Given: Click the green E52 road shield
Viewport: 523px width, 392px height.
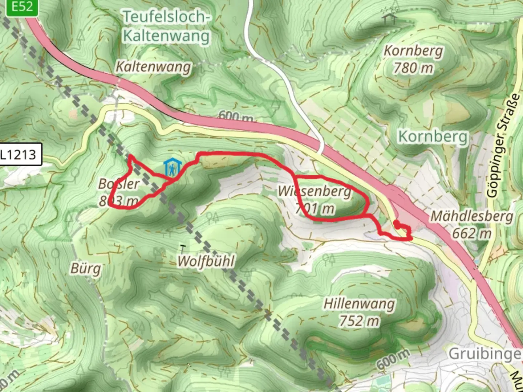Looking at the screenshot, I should (x=22, y=7).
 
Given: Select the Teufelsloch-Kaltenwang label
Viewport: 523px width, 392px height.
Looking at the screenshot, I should (x=166, y=26).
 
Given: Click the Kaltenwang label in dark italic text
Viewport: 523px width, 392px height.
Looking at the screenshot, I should (x=153, y=67).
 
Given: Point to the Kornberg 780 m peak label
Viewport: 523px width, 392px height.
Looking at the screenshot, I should (x=413, y=59).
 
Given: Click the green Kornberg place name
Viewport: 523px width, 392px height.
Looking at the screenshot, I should (x=433, y=137).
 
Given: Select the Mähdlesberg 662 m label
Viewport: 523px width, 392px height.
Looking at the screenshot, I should (x=472, y=224).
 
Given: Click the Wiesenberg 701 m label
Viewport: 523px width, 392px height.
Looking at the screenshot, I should (x=315, y=200).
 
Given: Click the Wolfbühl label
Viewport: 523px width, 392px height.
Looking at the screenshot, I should (x=206, y=261).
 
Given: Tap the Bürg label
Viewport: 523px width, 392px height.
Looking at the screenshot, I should (x=85, y=269).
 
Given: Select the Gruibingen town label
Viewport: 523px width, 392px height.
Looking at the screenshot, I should (x=485, y=353).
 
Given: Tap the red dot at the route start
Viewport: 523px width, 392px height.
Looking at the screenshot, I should (x=397, y=224).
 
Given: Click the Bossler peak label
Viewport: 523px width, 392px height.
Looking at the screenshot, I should (x=119, y=192).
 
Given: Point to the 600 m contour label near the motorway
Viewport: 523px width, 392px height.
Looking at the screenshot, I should (x=236, y=116).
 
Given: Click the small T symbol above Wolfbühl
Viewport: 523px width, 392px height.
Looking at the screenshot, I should (x=183, y=249).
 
